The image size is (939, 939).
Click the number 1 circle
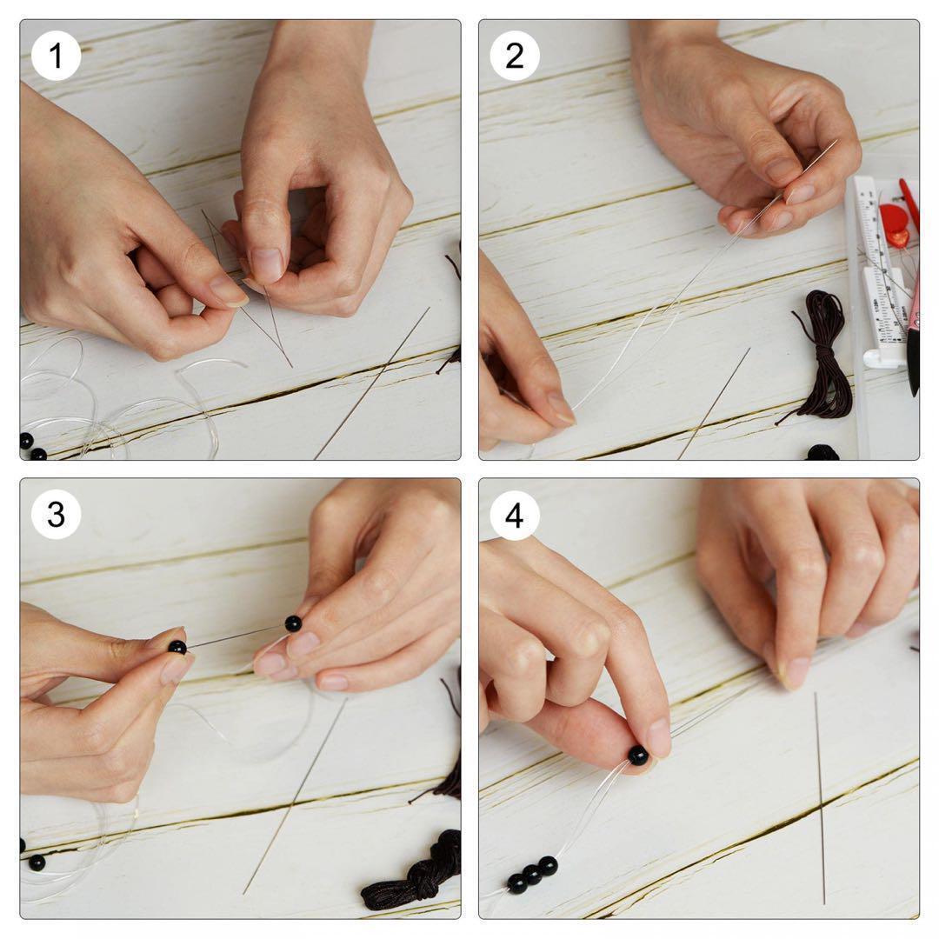[x=56, y=56]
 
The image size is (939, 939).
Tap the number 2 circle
[x=515, y=56]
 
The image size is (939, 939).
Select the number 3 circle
[x=56, y=515]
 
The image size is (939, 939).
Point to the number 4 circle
[x=515, y=515]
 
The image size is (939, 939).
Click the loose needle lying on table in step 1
[x=372, y=383]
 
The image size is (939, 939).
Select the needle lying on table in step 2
[x=714, y=403]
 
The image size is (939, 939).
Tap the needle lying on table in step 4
[x=820, y=798]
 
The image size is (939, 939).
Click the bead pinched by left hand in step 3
[x=177, y=648]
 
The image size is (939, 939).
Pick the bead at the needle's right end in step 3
[x=293, y=624]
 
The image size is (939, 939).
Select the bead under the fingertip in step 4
[x=638, y=756]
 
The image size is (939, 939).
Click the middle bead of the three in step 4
[x=532, y=874]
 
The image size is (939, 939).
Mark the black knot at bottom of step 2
[x=823, y=452]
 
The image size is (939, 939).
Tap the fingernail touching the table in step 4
[x=795, y=673]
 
